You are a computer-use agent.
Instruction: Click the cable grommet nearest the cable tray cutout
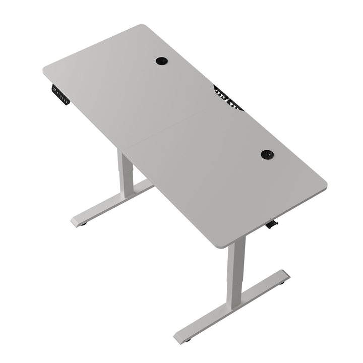[x=161, y=60]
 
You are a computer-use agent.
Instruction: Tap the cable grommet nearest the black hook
[x=267, y=154]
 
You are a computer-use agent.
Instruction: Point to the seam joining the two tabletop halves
[x=171, y=126]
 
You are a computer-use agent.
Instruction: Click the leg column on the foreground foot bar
[x=235, y=272]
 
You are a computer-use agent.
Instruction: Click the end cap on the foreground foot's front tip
[x=181, y=336]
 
